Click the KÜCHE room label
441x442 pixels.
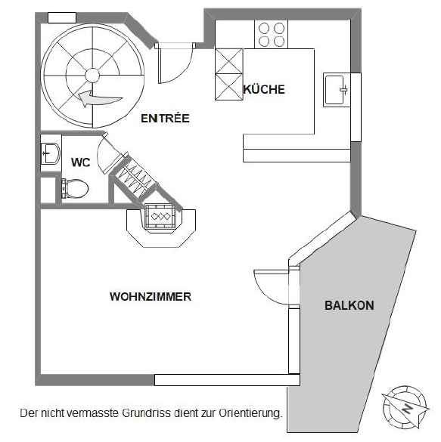(264, 90)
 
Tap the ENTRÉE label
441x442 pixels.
(164, 119)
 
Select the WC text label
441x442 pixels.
(81, 162)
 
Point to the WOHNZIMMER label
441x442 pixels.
(150, 297)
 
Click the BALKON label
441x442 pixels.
(349, 305)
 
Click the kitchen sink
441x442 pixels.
(335, 90)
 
